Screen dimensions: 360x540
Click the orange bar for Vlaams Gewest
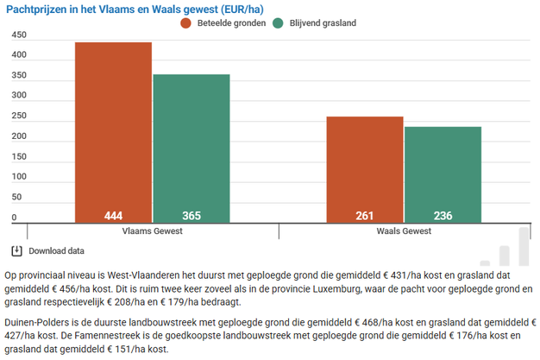(x=113, y=129)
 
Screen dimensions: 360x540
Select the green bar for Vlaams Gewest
(x=192, y=147)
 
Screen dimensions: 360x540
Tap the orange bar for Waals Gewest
(x=364, y=168)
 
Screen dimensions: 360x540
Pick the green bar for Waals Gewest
(x=443, y=173)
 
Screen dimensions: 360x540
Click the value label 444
(x=113, y=216)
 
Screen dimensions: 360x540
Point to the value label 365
(x=192, y=216)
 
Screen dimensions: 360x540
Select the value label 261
(x=364, y=216)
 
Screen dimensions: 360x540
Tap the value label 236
(x=443, y=216)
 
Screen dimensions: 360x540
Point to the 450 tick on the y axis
(x=19, y=36)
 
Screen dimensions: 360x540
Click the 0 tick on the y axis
(x=14, y=218)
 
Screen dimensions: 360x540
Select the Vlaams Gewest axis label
(x=152, y=231)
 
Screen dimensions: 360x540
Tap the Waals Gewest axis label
(x=404, y=231)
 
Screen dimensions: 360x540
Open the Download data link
(x=57, y=251)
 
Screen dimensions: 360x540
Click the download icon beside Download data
(x=16, y=251)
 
